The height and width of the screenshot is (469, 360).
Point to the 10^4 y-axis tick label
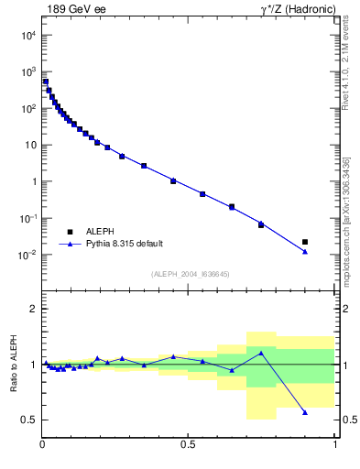(27, 35)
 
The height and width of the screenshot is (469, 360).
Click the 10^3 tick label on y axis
(27, 71)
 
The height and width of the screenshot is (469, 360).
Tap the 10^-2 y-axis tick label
(27, 255)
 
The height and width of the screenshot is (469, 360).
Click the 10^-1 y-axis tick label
(27, 218)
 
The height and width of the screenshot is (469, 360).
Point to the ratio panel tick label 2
(34, 309)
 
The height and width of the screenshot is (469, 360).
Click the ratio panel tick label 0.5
(30, 420)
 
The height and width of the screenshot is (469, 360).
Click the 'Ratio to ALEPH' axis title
(12, 365)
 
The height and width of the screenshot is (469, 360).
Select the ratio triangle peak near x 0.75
(261, 353)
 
